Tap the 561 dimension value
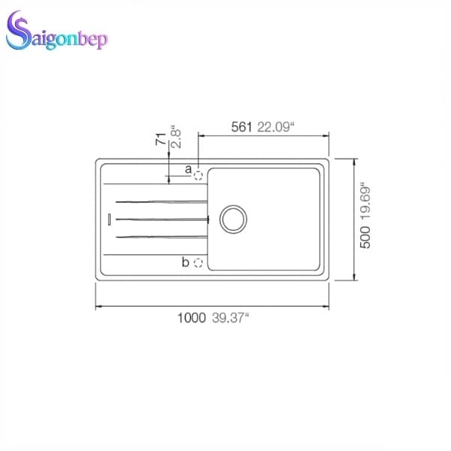pos(241,128)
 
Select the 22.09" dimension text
pos(275,128)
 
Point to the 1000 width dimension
pos(191,318)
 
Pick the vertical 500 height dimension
pos(366,239)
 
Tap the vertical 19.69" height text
pos(366,204)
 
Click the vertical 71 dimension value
pos(160,139)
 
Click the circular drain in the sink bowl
pos(232,218)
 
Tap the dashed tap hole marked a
pos(198,174)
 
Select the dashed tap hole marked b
pos(198,262)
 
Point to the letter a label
pos(188,169)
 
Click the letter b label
pos(186,262)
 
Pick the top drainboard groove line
pos(161,201)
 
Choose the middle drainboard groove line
pos(161,219)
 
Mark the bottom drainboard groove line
pos(161,237)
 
